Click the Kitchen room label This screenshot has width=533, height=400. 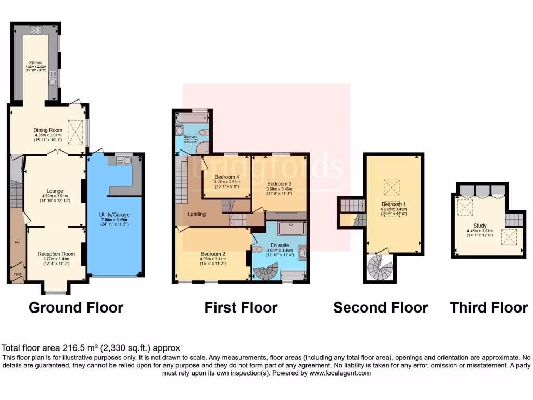coord(36,63)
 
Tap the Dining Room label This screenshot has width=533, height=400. coord(48,130)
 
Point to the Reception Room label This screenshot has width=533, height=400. coord(56,254)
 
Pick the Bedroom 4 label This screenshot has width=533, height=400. coord(227,177)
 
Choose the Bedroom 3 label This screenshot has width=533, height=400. coord(280,184)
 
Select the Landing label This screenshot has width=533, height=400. coord(197,214)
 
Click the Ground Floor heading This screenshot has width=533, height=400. coord(76,307)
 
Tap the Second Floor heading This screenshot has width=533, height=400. coord(380,307)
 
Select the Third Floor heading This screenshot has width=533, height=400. coord(489,307)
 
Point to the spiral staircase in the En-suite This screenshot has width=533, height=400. coord(266,271)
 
